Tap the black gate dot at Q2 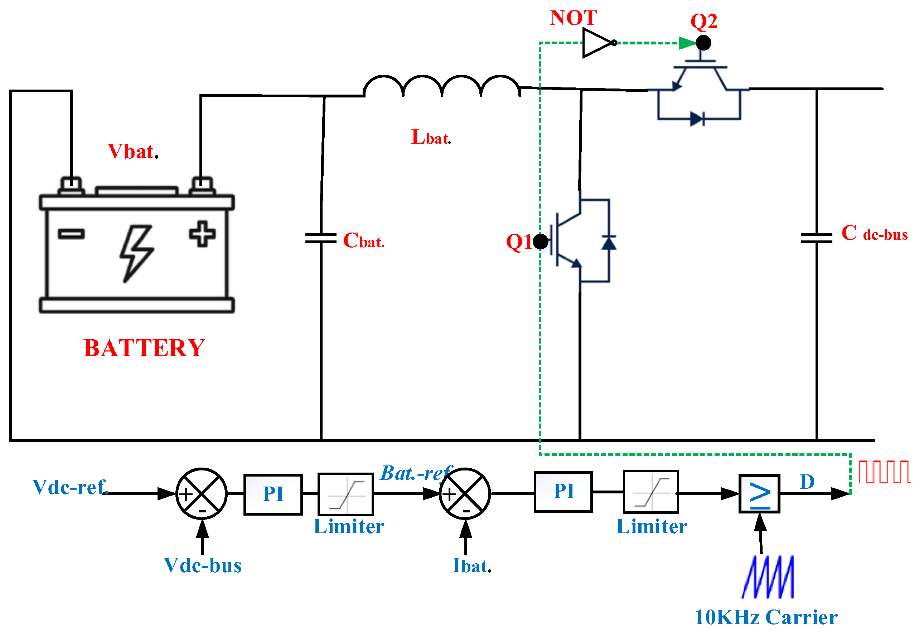(703, 43)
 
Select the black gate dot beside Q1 (541, 242)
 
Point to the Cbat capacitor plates (321, 238)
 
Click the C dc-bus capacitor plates (817, 238)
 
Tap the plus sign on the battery (202, 234)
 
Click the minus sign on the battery (71, 234)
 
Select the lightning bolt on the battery (136, 253)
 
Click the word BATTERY (144, 348)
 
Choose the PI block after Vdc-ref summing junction (273, 494)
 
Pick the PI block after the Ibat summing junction (564, 491)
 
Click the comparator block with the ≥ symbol (759, 494)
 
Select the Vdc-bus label (203, 565)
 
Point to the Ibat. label (472, 566)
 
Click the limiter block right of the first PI (345, 494)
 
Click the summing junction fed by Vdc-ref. (202, 494)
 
